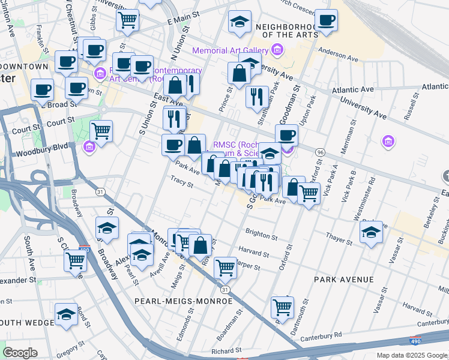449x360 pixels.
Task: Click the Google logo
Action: (20, 353)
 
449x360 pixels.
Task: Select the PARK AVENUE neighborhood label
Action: (343, 280)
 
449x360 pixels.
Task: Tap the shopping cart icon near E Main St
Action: (128, 20)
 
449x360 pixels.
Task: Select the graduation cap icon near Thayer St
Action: (372, 231)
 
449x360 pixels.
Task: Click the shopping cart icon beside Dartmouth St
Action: (282, 307)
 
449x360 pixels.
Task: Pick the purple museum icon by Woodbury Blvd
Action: (89, 146)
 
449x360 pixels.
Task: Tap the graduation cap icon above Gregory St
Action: (66, 314)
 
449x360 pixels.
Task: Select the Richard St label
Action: (226, 350)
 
